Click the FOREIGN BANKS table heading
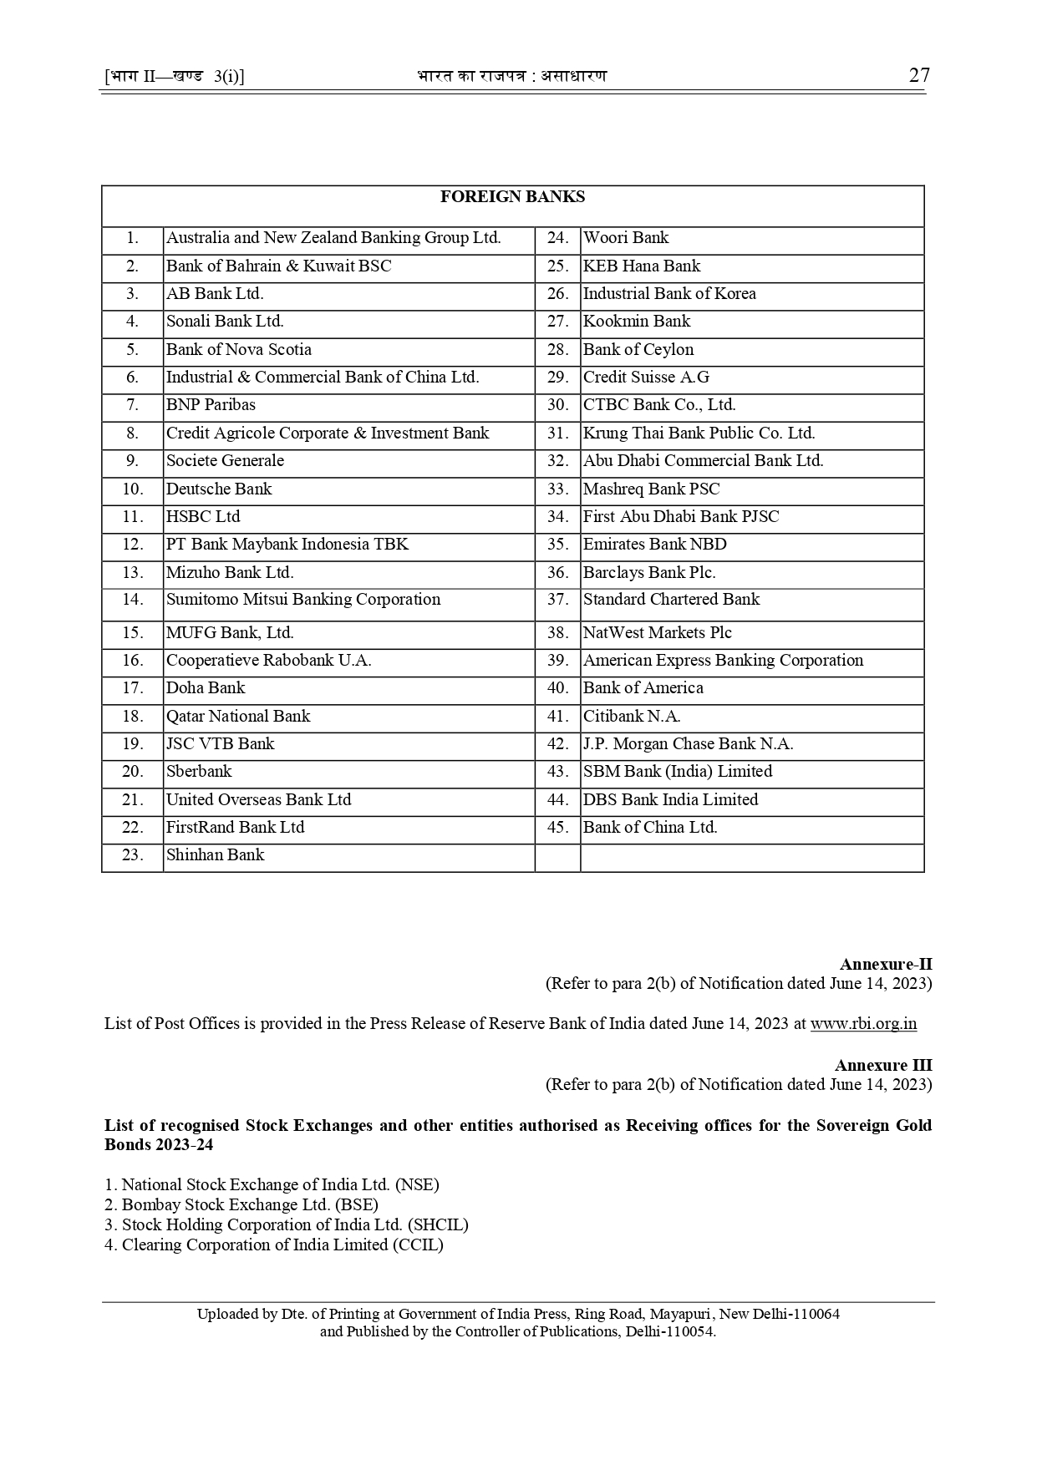click(x=512, y=197)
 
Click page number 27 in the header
click(x=918, y=76)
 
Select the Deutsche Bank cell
click(x=219, y=489)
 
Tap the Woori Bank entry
click(x=626, y=238)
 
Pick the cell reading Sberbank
click(x=199, y=771)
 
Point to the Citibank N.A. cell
click(x=632, y=716)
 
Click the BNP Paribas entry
click(x=211, y=405)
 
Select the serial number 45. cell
click(x=557, y=828)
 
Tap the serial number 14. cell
click(x=133, y=600)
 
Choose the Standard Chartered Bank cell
click(x=671, y=600)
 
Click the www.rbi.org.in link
click(x=863, y=1023)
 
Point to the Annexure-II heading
click(x=886, y=965)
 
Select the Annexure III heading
click(x=883, y=1065)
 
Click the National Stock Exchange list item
click(x=272, y=1184)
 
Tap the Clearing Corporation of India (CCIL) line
click(x=274, y=1244)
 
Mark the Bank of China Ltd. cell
click(x=650, y=828)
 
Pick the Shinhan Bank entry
click(x=215, y=855)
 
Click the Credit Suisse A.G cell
click(x=646, y=378)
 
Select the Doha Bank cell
click(x=206, y=688)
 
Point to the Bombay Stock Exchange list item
click(x=241, y=1204)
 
